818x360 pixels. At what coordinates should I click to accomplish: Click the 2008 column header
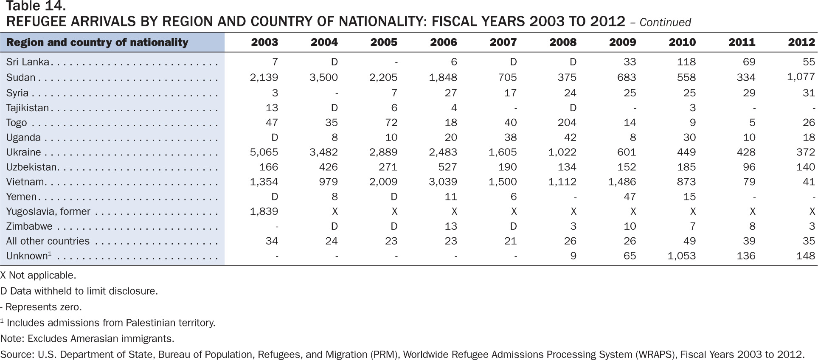coord(563,42)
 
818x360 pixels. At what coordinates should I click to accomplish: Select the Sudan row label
coord(21,77)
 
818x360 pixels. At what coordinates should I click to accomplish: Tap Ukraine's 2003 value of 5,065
coord(264,152)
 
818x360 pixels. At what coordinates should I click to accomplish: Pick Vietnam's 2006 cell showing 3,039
coord(443,182)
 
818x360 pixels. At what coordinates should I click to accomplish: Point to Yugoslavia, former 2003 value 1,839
coord(264,211)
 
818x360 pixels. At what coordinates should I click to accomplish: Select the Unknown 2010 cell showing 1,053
coord(682,256)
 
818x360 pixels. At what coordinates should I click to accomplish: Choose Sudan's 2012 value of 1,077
coord(801,77)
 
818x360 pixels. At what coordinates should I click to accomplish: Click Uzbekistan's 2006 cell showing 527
coord(447,167)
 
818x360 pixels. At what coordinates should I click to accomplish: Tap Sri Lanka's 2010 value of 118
coord(686,62)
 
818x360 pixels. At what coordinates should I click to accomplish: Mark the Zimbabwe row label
coord(29,226)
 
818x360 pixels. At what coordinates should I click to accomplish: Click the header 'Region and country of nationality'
coord(97,42)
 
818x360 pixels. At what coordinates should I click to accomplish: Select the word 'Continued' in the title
coord(665,22)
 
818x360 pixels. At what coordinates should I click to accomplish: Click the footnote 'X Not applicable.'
coord(38,275)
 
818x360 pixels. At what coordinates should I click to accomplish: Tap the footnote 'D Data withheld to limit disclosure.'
coord(79,291)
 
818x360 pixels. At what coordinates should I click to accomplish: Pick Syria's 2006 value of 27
coord(451,93)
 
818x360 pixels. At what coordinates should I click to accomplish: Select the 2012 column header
coord(801,42)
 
